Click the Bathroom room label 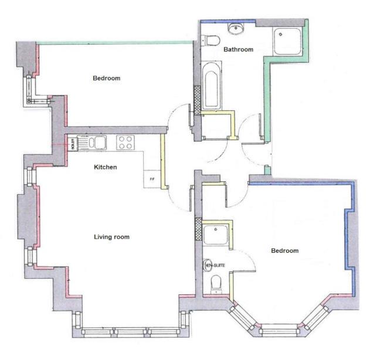238,50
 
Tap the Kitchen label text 106,167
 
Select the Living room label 111,237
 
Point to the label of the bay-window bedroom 284,251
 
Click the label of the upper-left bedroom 106,79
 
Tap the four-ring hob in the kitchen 126,142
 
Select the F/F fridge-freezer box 151,178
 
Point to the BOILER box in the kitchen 73,143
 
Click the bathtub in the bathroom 212,88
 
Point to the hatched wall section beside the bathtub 198,100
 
